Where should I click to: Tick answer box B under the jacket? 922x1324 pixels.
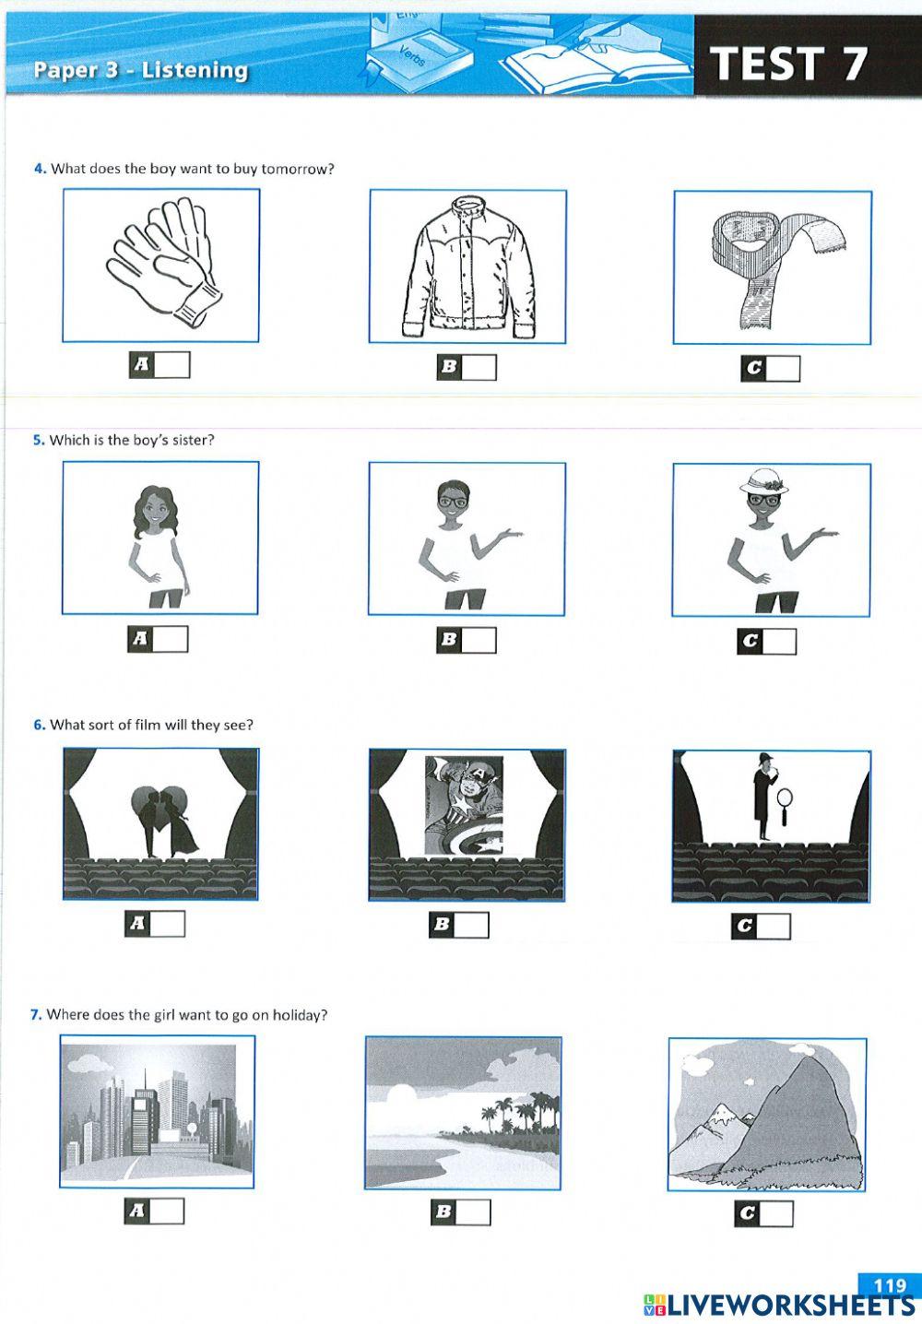click(x=479, y=367)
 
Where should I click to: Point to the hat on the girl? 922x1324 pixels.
click(x=765, y=481)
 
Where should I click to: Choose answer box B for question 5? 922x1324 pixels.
click(x=479, y=641)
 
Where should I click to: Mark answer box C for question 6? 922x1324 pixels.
click(x=774, y=927)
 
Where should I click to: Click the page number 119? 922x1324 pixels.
click(x=890, y=1285)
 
